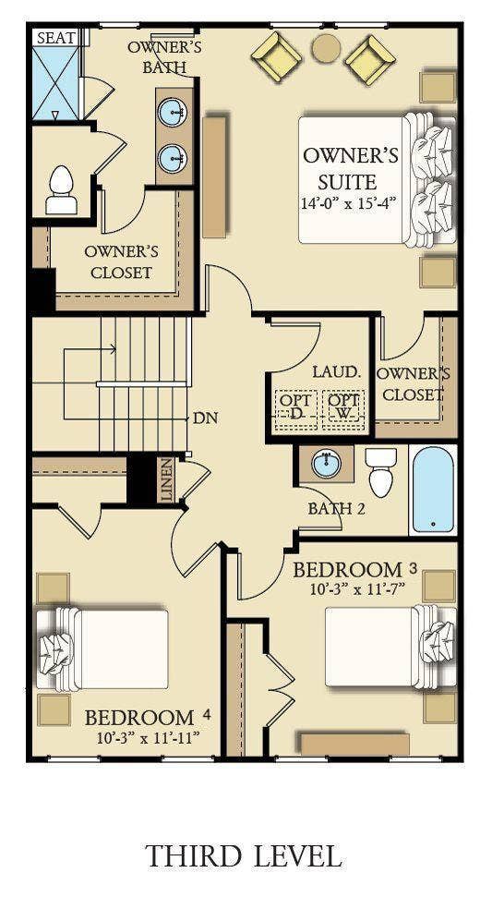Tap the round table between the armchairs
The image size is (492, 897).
click(x=326, y=48)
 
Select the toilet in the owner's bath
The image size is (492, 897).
click(x=62, y=190)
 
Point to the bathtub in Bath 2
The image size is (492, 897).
click(x=433, y=490)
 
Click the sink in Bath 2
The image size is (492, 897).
click(x=325, y=464)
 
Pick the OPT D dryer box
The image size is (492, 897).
click(x=294, y=406)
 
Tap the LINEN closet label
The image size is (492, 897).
click(x=167, y=479)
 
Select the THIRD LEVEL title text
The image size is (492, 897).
click(x=244, y=855)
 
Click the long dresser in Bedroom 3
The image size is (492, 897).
click(x=354, y=744)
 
